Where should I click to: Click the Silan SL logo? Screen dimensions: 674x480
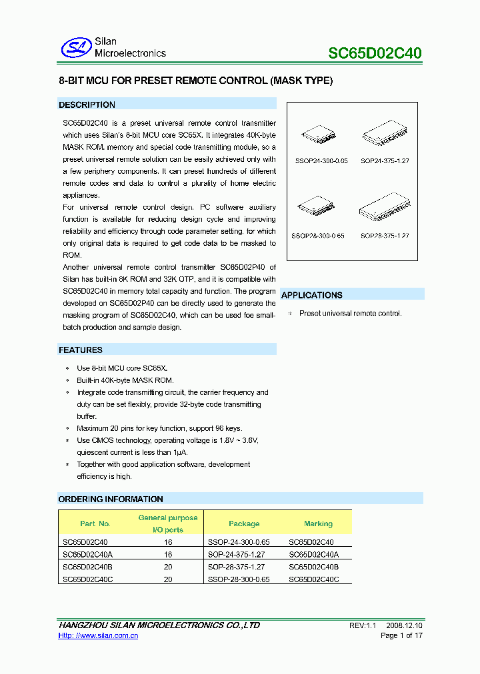point(75,47)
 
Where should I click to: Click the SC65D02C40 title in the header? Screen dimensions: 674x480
point(375,53)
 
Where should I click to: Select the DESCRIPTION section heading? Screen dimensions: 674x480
point(87,105)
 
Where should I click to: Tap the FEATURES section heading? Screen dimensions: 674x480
point(81,350)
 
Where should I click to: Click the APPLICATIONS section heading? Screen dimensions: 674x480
point(312,295)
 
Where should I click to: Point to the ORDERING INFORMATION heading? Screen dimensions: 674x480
point(111,499)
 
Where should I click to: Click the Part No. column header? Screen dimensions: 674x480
point(95,523)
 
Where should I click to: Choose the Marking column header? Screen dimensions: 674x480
point(318,523)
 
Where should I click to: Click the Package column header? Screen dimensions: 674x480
point(244,523)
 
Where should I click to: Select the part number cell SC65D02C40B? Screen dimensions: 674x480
point(87,567)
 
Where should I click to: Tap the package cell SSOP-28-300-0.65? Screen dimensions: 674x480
point(239,579)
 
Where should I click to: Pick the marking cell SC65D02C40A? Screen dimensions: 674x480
point(313,554)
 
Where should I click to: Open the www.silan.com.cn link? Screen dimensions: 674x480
point(98,636)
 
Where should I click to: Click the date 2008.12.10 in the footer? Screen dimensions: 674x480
point(404,625)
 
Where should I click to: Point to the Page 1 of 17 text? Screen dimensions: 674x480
point(401,635)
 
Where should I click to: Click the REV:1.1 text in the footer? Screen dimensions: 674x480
point(363,625)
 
